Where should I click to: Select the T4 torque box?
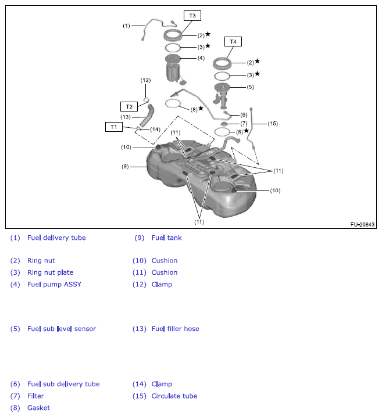tap(233, 42)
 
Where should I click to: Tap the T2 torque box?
tap(129, 106)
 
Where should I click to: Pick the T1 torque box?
tap(114, 127)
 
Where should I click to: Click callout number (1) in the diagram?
tap(126, 26)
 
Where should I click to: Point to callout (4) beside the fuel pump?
tap(201, 58)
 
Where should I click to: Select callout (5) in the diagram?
tap(251, 87)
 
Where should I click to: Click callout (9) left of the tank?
tap(125, 167)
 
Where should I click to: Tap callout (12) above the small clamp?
tap(145, 80)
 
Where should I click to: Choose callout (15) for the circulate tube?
tap(273, 123)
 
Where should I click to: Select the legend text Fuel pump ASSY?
tap(54, 284)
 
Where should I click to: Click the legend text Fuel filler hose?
tap(175, 329)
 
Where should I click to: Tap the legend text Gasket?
tap(38, 408)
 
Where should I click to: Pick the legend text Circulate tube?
tap(174, 396)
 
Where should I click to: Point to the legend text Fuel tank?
tap(167, 238)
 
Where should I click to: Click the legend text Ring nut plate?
tap(50, 272)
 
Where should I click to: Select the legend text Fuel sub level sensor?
tap(62, 329)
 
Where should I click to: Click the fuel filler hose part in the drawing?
tap(151, 112)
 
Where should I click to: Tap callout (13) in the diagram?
tap(126, 117)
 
